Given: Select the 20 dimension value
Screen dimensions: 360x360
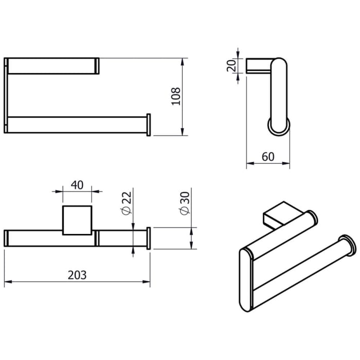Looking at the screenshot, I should point(231,65).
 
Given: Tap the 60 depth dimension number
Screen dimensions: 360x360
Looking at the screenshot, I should point(268,157).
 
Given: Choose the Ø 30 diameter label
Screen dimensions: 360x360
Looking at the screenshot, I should point(184,206).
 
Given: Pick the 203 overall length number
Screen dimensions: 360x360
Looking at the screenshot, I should point(77,275).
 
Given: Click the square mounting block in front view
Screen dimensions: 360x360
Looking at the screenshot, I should point(77,220).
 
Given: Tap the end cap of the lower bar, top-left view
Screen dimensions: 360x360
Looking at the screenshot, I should point(149,124).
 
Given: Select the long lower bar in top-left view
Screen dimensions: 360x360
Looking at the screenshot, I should point(77,125).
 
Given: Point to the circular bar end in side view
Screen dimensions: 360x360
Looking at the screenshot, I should point(278,127).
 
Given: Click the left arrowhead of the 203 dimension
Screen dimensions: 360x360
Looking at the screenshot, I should point(7,282).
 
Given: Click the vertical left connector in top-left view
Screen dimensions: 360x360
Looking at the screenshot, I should point(6,95).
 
